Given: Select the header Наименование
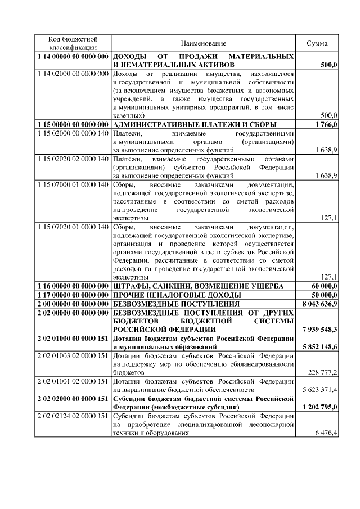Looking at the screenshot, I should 203,43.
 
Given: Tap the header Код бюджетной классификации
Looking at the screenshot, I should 73,43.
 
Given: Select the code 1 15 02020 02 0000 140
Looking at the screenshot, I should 73,160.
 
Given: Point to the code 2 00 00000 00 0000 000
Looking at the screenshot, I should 73,304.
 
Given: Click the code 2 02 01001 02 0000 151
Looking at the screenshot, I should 73,381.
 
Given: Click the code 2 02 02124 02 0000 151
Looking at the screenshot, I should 73,415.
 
